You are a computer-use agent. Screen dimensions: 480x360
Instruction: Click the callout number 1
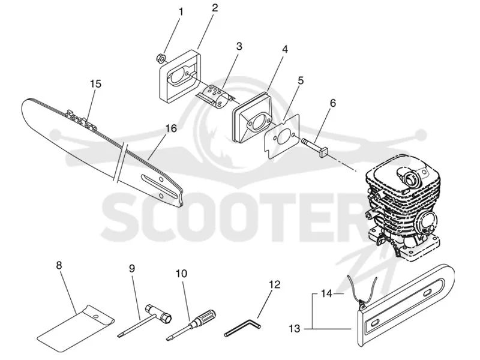point(181,12)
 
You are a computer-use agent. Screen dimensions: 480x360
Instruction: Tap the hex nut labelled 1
point(160,58)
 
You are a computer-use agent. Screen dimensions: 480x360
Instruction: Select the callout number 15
point(96,84)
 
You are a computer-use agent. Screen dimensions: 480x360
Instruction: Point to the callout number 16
point(171,128)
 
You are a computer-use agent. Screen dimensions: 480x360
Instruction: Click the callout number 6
point(333,103)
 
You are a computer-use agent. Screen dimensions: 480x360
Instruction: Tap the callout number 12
point(275,284)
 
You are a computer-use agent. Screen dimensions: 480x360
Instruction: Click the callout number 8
point(59,265)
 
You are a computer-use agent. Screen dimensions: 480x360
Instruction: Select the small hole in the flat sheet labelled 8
point(96,316)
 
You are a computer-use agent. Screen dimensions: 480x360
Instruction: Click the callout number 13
point(295,329)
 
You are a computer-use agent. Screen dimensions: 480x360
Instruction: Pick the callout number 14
point(326,294)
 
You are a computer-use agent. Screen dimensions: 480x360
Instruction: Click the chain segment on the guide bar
point(81,119)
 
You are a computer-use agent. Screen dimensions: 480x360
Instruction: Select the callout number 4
point(285,49)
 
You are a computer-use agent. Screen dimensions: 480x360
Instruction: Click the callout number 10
point(182,274)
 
